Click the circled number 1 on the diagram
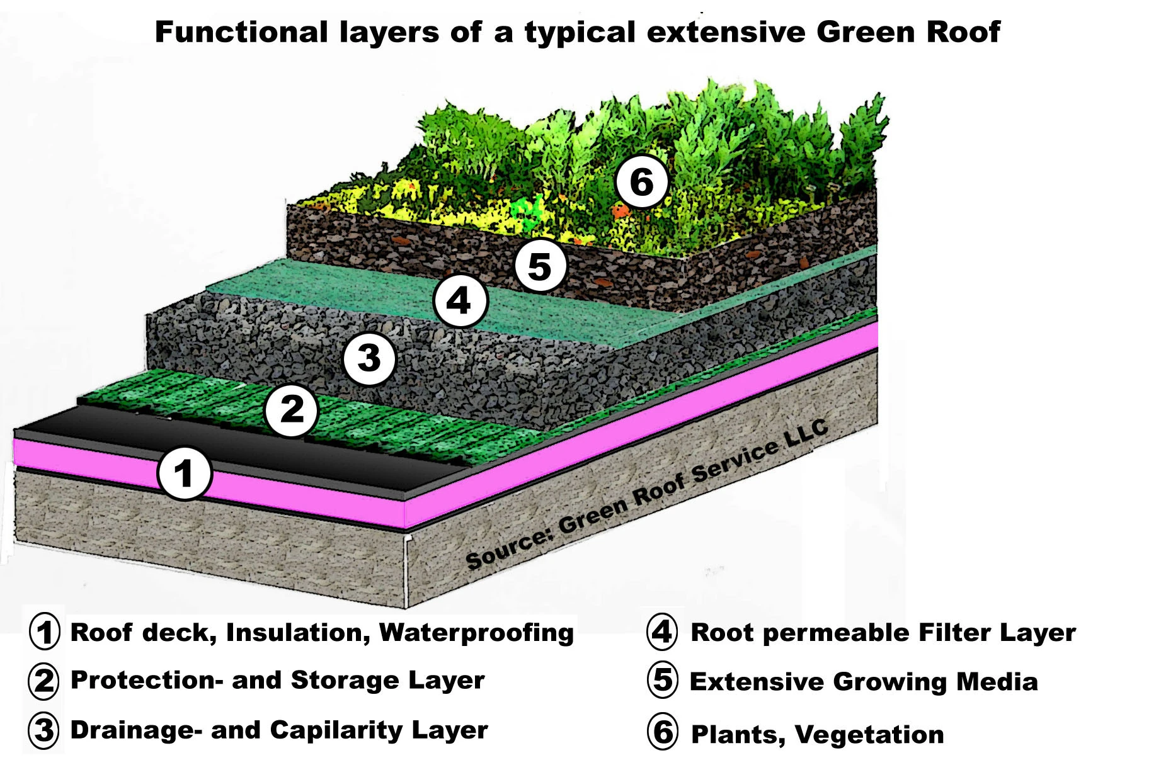click(184, 473)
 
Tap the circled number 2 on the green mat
click(292, 410)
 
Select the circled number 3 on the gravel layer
click(370, 359)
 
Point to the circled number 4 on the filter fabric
click(460, 300)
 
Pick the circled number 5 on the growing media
click(540, 265)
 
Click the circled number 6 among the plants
click(642, 182)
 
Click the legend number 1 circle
click(45, 632)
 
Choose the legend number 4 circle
click(663, 632)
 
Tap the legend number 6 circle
click(663, 732)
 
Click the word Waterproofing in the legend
click(476, 633)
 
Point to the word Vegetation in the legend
click(869, 735)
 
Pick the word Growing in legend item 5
click(890, 683)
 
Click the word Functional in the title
click(241, 32)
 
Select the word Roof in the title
click(967, 32)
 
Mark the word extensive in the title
click(726, 32)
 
